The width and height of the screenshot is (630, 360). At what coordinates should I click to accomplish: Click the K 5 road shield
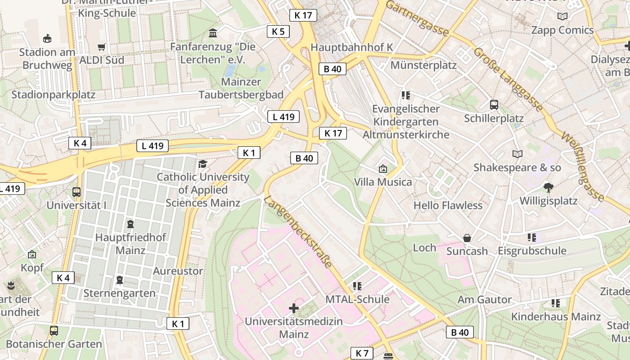pyautogui.click(x=278, y=31)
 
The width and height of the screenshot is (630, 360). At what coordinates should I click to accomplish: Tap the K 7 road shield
pyautogui.click(x=362, y=353)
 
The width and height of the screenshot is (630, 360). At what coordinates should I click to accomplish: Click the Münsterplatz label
pyautogui.click(x=423, y=65)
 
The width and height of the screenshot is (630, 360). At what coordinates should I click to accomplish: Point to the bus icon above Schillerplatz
pyautogui.click(x=494, y=105)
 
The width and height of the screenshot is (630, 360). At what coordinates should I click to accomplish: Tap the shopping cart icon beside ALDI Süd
pyautogui.click(x=102, y=47)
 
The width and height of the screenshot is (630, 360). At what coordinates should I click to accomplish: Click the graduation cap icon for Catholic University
pyautogui.click(x=202, y=164)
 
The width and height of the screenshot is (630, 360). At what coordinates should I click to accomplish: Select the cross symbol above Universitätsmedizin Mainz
pyautogui.click(x=294, y=308)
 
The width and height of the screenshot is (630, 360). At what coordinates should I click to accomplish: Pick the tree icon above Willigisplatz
pyautogui.click(x=548, y=187)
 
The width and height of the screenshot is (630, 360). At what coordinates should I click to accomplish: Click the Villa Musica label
pyautogui.click(x=383, y=182)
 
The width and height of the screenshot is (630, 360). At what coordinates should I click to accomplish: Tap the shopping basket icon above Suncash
pyautogui.click(x=467, y=238)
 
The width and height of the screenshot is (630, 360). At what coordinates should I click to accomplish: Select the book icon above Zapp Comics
pyautogui.click(x=562, y=17)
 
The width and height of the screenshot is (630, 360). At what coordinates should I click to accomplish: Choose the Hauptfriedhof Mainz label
pyautogui.click(x=130, y=243)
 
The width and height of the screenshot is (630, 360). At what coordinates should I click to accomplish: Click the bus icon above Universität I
pyautogui.click(x=76, y=192)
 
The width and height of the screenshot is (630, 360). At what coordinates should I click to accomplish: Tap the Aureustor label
pyautogui.click(x=178, y=271)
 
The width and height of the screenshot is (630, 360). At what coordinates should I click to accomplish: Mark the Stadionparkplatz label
pyautogui.click(x=53, y=94)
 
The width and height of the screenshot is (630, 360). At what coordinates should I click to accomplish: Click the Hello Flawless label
pyautogui.click(x=448, y=206)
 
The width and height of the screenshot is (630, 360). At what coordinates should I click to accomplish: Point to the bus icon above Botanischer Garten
pyautogui.click(x=54, y=331)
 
